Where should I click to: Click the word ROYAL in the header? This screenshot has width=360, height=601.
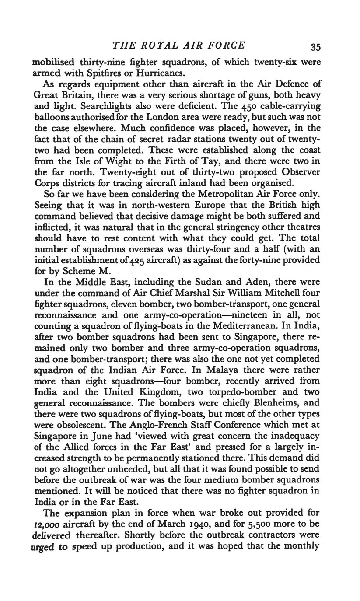[153, 45]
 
